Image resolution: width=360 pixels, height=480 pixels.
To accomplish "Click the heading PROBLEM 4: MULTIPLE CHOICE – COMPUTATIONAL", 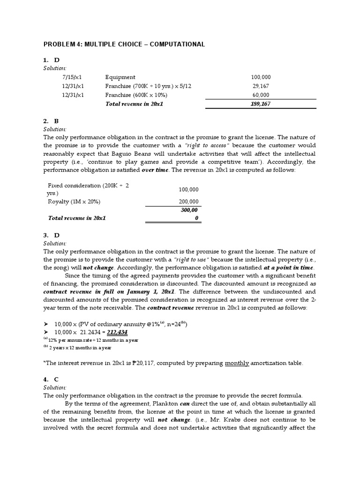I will (x=124, y=45).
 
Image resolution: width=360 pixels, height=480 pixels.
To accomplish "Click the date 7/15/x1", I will (x=72, y=77).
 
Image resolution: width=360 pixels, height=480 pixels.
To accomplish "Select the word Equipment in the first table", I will (x=120, y=77).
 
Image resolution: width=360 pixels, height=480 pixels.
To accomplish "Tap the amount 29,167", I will (x=262, y=86).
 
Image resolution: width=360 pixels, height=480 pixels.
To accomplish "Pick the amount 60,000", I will (x=262, y=95).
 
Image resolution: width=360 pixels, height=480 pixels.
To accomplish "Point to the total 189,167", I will (x=261, y=104).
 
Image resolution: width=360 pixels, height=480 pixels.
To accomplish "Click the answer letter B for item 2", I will (x=57, y=121).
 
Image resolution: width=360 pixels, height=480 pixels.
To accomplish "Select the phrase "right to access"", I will (x=205, y=145).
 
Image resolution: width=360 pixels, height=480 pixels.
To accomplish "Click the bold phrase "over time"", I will (x=155, y=171).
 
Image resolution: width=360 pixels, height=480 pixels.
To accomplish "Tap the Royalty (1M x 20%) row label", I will (x=74, y=202).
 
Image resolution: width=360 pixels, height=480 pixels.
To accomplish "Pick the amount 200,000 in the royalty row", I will (x=188, y=202).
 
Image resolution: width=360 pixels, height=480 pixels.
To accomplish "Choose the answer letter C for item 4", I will (x=57, y=379).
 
